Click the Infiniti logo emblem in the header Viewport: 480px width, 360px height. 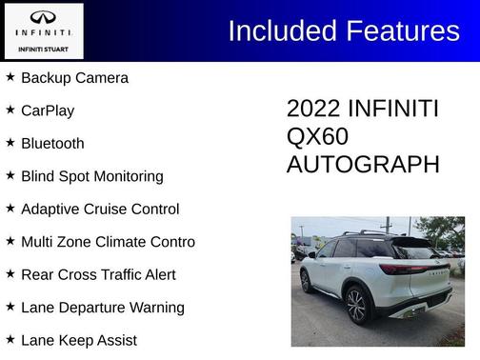tap(43, 18)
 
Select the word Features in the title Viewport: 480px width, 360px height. tap(400, 31)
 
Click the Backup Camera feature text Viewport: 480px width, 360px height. tap(74, 78)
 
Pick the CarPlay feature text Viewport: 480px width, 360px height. tap(48, 110)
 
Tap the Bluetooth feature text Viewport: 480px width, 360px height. tap(52, 144)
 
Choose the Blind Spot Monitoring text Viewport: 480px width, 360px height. tap(91, 176)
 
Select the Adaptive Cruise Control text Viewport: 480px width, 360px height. tap(100, 210)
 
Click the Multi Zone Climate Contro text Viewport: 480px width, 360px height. tap(108, 242)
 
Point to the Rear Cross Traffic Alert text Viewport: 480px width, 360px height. tap(98, 275)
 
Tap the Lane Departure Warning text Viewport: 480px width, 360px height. tap(103, 308)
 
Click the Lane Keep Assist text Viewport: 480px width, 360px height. tap(79, 340)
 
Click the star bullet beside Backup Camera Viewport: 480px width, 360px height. tap(10, 77)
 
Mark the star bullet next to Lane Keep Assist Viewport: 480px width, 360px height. tap(10, 339)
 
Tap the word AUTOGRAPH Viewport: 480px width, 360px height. tap(363, 165)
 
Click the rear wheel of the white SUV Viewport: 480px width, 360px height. tap(357, 305)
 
